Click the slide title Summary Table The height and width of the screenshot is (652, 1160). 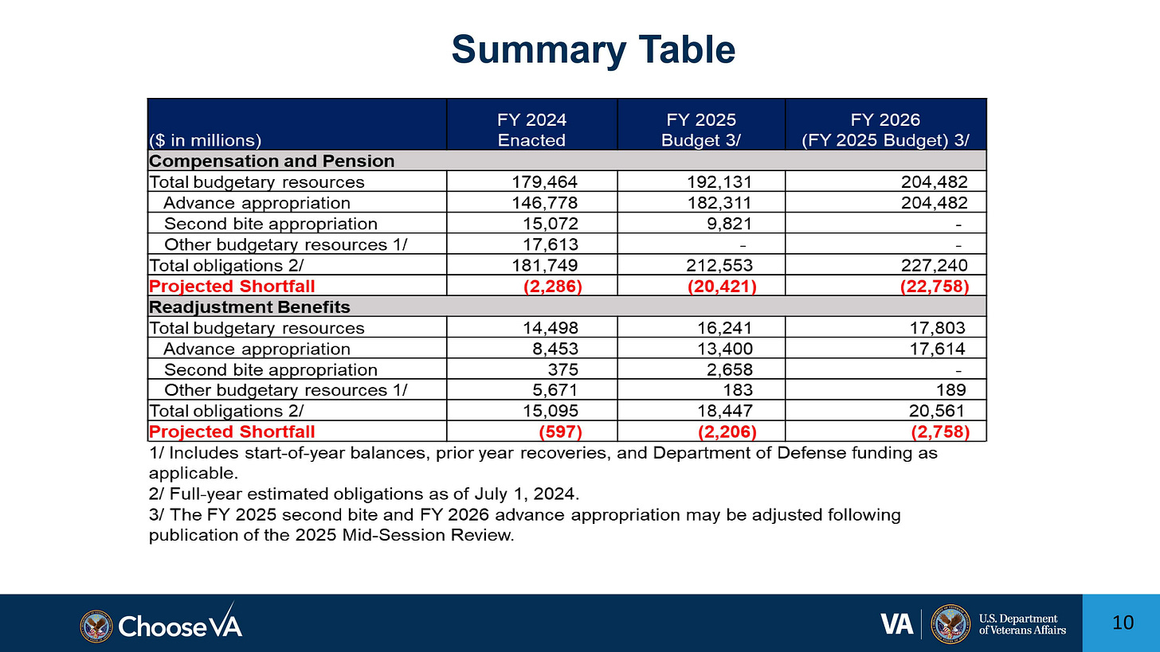[593, 50]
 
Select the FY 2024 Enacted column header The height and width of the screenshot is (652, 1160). [531, 130]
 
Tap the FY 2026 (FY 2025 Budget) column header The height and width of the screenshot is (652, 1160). [885, 130]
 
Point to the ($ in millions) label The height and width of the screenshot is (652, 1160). [206, 140]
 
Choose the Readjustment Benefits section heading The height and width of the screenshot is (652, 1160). [249, 306]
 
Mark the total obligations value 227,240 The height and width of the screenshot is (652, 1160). [931, 264]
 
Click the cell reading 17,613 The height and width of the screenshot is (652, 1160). [551, 244]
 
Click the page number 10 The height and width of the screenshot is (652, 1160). [1121, 623]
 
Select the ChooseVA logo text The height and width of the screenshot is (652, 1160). [180, 625]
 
